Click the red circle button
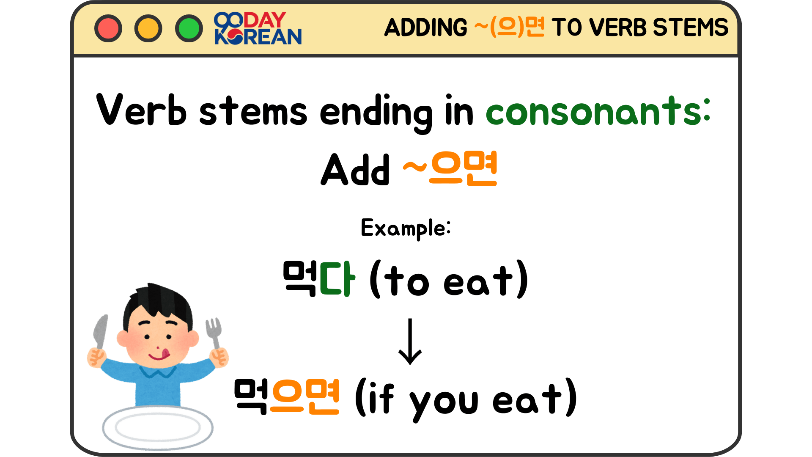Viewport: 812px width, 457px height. point(108,28)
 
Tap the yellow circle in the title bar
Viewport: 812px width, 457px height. point(148,28)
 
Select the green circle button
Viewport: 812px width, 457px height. point(189,28)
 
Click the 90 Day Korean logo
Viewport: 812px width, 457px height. point(258,28)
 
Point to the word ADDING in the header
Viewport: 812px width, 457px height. point(425,28)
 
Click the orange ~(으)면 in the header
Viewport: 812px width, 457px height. point(509,28)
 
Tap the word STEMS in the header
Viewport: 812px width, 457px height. point(690,28)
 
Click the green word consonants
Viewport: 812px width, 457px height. point(598,111)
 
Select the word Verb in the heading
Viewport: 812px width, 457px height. point(141,110)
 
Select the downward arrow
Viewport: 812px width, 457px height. point(410,341)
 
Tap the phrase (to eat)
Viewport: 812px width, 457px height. point(449,281)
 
